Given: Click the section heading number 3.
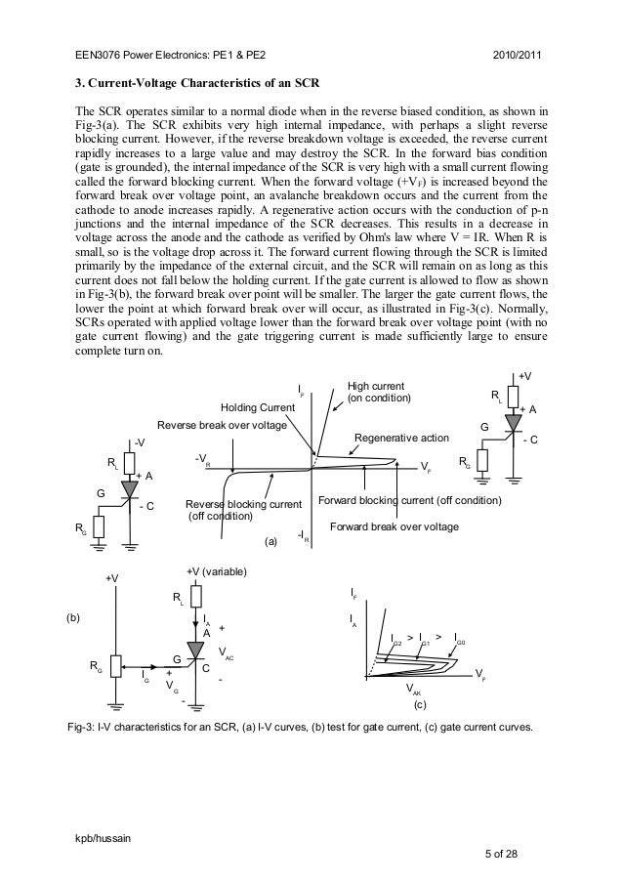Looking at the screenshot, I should pos(81,79).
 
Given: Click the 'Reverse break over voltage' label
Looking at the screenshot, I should pos(223,426).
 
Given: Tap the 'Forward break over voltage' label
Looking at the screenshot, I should pos(395,526).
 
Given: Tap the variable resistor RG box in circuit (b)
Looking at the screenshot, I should pos(115,664).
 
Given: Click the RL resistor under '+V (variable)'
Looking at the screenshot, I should pos(196,596).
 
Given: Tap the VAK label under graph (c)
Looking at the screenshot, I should pos(413,689).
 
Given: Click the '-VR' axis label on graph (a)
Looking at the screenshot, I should pos(201,457).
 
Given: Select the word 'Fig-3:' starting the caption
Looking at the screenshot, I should pos(81,730).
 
